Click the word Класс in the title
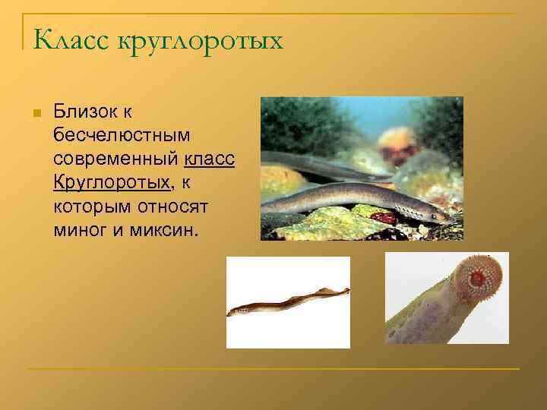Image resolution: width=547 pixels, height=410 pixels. (71, 39)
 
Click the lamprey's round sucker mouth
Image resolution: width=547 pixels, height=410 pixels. (477, 279)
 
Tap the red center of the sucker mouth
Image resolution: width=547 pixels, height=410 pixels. (477, 279)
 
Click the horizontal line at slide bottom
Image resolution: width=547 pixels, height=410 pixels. (273, 369)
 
